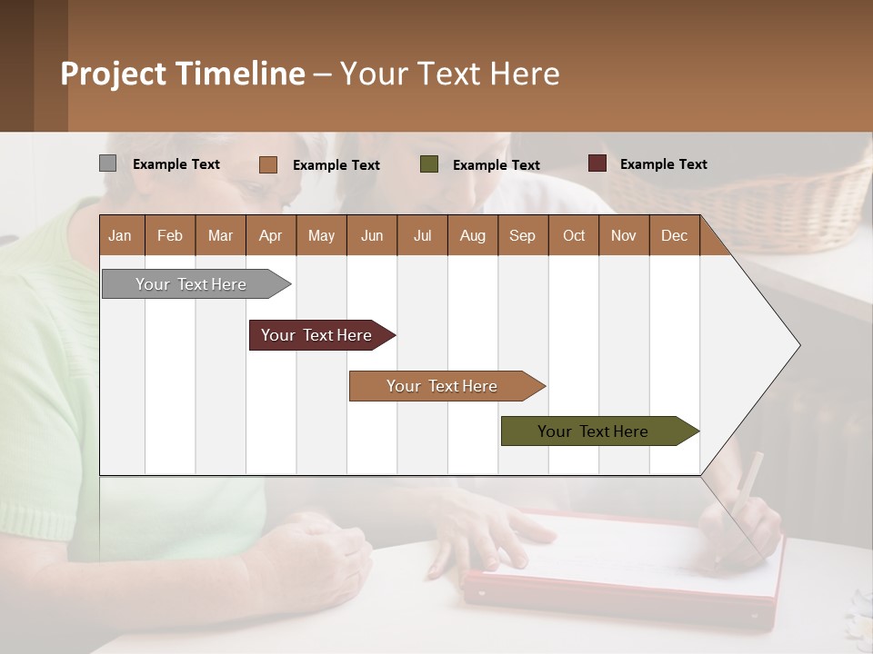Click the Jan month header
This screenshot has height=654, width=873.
[x=120, y=235]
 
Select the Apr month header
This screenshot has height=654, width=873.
[x=270, y=235]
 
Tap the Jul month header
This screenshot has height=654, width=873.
[x=422, y=235]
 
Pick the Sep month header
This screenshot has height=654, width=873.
[x=522, y=235]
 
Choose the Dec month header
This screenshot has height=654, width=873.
[x=674, y=235]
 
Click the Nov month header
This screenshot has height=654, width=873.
[x=623, y=235]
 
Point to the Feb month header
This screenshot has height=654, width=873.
[x=170, y=235]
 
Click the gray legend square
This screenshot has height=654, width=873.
[x=107, y=163]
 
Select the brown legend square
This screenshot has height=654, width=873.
[x=268, y=164]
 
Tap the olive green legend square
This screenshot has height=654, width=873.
[x=429, y=163]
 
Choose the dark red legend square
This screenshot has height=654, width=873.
[x=597, y=163]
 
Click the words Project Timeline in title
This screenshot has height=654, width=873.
[x=182, y=74]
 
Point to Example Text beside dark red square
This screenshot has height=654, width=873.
[x=663, y=164]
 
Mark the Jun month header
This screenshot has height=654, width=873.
[x=371, y=235]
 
